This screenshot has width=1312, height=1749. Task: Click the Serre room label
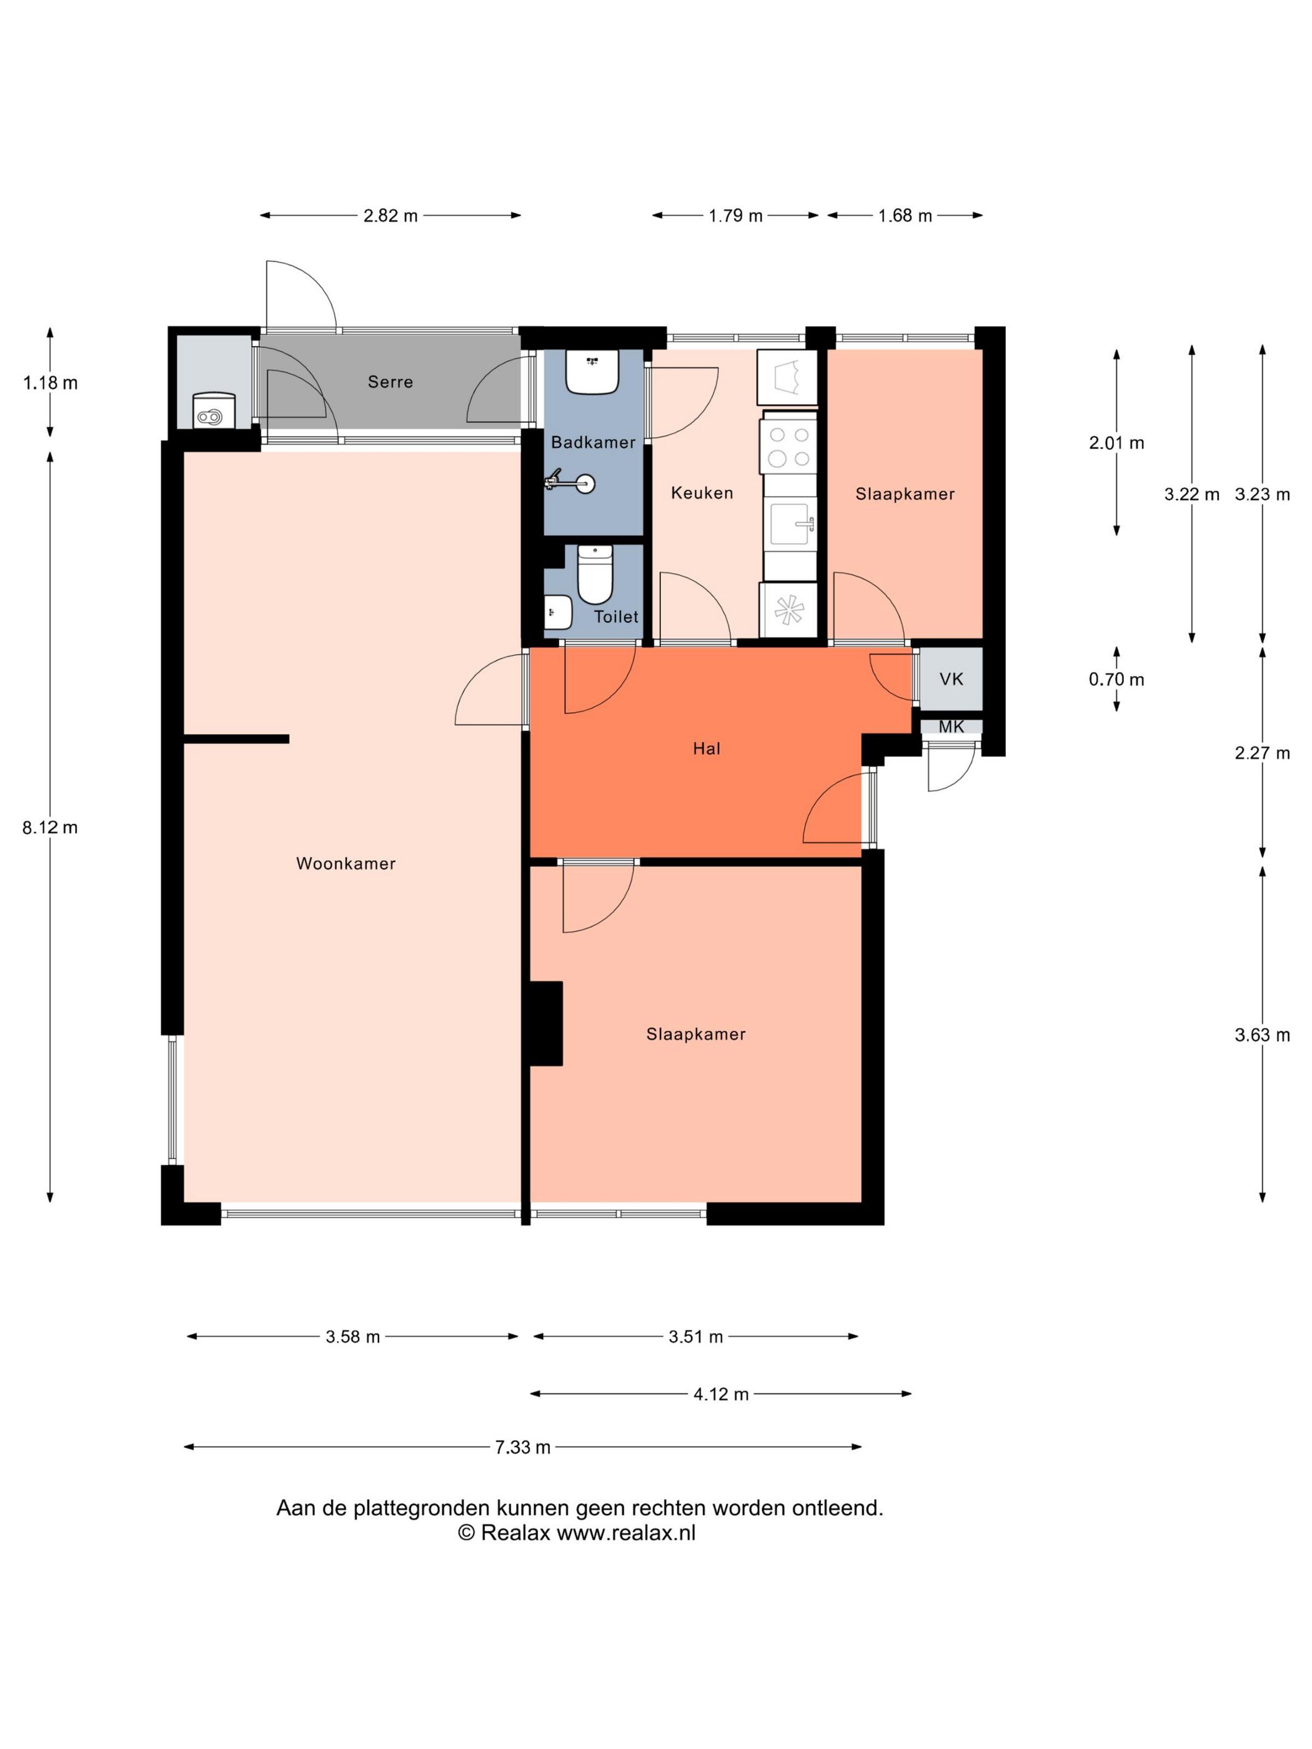tap(390, 382)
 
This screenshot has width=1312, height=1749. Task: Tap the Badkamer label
tap(593, 442)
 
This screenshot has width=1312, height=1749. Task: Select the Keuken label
tap(702, 493)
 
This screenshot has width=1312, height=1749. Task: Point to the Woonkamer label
tap(345, 863)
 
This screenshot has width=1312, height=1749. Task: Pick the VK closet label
tap(952, 678)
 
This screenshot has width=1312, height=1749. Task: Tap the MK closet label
tap(952, 726)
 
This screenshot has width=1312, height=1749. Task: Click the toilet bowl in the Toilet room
tap(595, 574)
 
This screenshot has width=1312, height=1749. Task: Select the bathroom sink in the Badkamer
tap(592, 372)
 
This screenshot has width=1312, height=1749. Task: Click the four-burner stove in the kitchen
tap(788, 447)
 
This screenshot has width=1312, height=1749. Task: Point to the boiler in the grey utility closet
tap(214, 410)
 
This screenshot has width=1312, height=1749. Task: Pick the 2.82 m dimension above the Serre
tap(390, 215)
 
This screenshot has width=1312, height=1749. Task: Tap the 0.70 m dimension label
tap(1116, 679)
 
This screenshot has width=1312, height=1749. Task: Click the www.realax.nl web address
tap(627, 1532)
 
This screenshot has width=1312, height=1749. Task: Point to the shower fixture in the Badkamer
tap(570, 481)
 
